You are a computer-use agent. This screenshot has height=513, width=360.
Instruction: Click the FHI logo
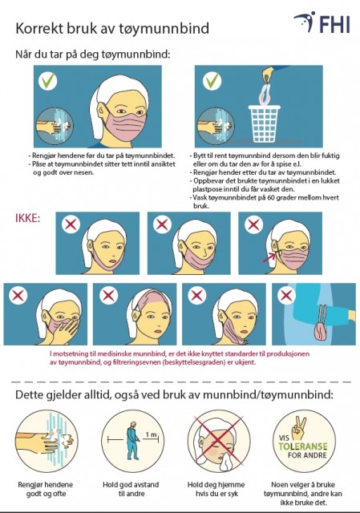[322, 22]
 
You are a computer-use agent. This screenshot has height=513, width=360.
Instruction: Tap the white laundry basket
[264, 123]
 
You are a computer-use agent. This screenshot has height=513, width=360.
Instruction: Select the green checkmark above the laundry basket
[212, 80]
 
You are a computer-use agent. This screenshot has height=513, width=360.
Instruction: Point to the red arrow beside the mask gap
[269, 257]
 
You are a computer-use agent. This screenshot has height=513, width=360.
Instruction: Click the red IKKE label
[27, 218]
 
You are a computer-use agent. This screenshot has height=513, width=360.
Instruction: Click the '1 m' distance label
[152, 434]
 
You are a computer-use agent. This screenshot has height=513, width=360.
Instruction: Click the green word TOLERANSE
[303, 446]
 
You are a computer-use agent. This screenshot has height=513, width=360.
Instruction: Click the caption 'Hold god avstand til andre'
[131, 489]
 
